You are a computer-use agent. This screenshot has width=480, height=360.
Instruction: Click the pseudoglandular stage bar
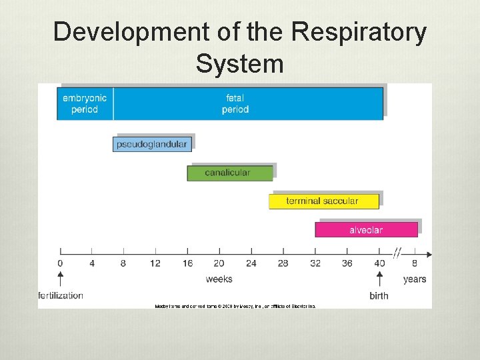tap(152, 144)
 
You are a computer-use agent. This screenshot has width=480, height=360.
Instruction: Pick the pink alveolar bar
tap(366, 230)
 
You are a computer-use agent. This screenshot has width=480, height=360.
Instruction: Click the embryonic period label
tap(85, 104)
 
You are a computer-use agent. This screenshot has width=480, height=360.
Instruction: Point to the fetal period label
tap(235, 104)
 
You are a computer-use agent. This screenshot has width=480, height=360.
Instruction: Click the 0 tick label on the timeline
tap(60, 263)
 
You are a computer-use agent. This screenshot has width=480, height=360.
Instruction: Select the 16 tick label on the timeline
tap(187, 263)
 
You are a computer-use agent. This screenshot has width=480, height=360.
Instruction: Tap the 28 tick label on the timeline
tap(283, 263)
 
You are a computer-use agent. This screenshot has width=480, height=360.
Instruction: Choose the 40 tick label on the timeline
tap(379, 263)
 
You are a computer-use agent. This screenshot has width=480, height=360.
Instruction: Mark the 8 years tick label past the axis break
tap(414, 263)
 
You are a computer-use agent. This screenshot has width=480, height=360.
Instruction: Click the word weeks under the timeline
tap(219, 279)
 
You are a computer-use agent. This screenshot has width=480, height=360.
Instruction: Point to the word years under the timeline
tap(414, 279)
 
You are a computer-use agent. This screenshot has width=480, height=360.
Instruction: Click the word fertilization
tap(61, 295)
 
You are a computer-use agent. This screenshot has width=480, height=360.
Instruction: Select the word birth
tap(379, 295)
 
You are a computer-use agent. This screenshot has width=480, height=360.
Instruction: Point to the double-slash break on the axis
tap(398, 253)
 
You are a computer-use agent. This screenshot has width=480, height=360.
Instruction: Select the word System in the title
tap(240, 64)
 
